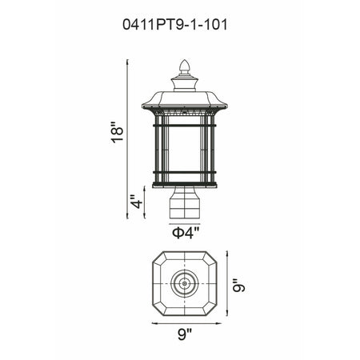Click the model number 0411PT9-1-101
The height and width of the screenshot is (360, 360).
click(174, 25)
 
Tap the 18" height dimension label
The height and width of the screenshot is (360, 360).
click(118, 133)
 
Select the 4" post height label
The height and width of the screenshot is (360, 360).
click(137, 202)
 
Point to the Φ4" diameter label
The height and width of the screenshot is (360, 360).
click(186, 233)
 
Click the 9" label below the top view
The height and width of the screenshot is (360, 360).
click(185, 334)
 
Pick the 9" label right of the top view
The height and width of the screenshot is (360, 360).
click(238, 286)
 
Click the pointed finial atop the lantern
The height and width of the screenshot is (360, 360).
click(185, 66)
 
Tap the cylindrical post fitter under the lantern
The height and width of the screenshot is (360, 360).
click(185, 202)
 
